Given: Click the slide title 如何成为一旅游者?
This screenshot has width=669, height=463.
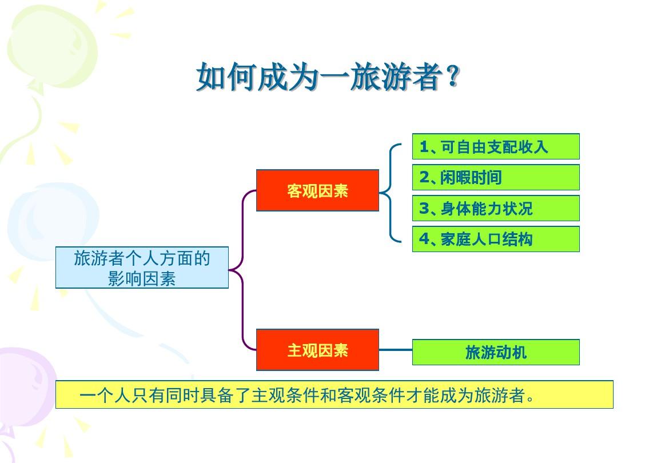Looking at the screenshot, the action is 328,77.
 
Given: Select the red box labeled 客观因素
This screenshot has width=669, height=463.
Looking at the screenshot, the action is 317,190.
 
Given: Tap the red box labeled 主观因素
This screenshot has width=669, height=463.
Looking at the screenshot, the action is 317,350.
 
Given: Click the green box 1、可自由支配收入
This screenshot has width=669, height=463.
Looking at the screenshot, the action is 496,146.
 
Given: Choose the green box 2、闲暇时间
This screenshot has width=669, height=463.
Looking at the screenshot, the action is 496,177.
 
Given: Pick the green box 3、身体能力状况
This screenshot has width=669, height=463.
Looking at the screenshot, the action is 496,208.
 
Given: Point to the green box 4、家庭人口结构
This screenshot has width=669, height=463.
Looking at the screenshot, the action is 496,239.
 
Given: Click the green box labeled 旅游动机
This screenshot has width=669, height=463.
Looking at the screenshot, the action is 496,352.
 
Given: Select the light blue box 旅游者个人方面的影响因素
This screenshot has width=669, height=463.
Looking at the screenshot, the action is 142,268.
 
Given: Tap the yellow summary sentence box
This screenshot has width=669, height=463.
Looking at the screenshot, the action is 334,394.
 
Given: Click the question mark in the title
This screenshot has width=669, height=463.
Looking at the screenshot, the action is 453,76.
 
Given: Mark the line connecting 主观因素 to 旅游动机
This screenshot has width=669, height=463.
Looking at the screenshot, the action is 396,350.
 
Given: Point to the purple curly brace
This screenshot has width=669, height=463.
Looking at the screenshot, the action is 242,270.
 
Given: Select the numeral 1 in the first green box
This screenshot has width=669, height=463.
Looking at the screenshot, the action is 424,147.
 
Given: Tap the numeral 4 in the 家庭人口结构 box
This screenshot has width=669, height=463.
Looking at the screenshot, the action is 424,239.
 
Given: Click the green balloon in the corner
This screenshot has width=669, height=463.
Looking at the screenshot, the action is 51,47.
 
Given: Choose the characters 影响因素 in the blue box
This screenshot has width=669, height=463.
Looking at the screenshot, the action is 142,279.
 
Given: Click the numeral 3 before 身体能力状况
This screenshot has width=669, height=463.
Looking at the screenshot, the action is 424,209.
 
